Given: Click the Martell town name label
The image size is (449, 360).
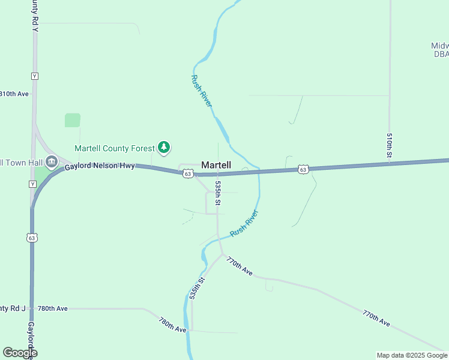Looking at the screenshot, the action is pos(216,164).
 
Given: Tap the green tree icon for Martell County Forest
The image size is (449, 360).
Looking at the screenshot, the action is pos(164,147).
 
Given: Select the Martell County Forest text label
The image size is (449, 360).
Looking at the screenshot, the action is pos(114,148).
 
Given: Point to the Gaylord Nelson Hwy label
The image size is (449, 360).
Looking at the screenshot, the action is pos(100,166).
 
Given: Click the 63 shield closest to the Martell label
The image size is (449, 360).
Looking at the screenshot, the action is pos(188,173).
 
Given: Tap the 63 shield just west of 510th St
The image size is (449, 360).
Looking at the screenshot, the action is pos(303,170).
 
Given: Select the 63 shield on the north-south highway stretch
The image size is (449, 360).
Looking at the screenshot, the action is pos(32,238).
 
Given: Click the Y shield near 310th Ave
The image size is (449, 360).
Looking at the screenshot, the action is pos(35,76).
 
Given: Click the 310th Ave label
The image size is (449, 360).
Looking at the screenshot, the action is pos(14,94).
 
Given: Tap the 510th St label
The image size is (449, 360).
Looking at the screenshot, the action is pos(389,146).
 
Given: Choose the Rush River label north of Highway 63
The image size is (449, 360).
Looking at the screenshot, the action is pos(202,91).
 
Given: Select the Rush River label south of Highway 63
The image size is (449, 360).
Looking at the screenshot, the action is pos(244,223).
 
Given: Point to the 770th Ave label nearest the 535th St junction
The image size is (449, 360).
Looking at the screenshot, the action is pos(240,266).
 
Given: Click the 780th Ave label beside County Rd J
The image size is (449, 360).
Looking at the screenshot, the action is pos(52,308).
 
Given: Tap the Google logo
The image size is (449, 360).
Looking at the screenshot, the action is pos(20,353).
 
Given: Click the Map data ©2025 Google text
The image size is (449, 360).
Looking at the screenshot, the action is pos(412,355).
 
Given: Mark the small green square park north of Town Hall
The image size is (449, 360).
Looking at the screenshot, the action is pos(73,120).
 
